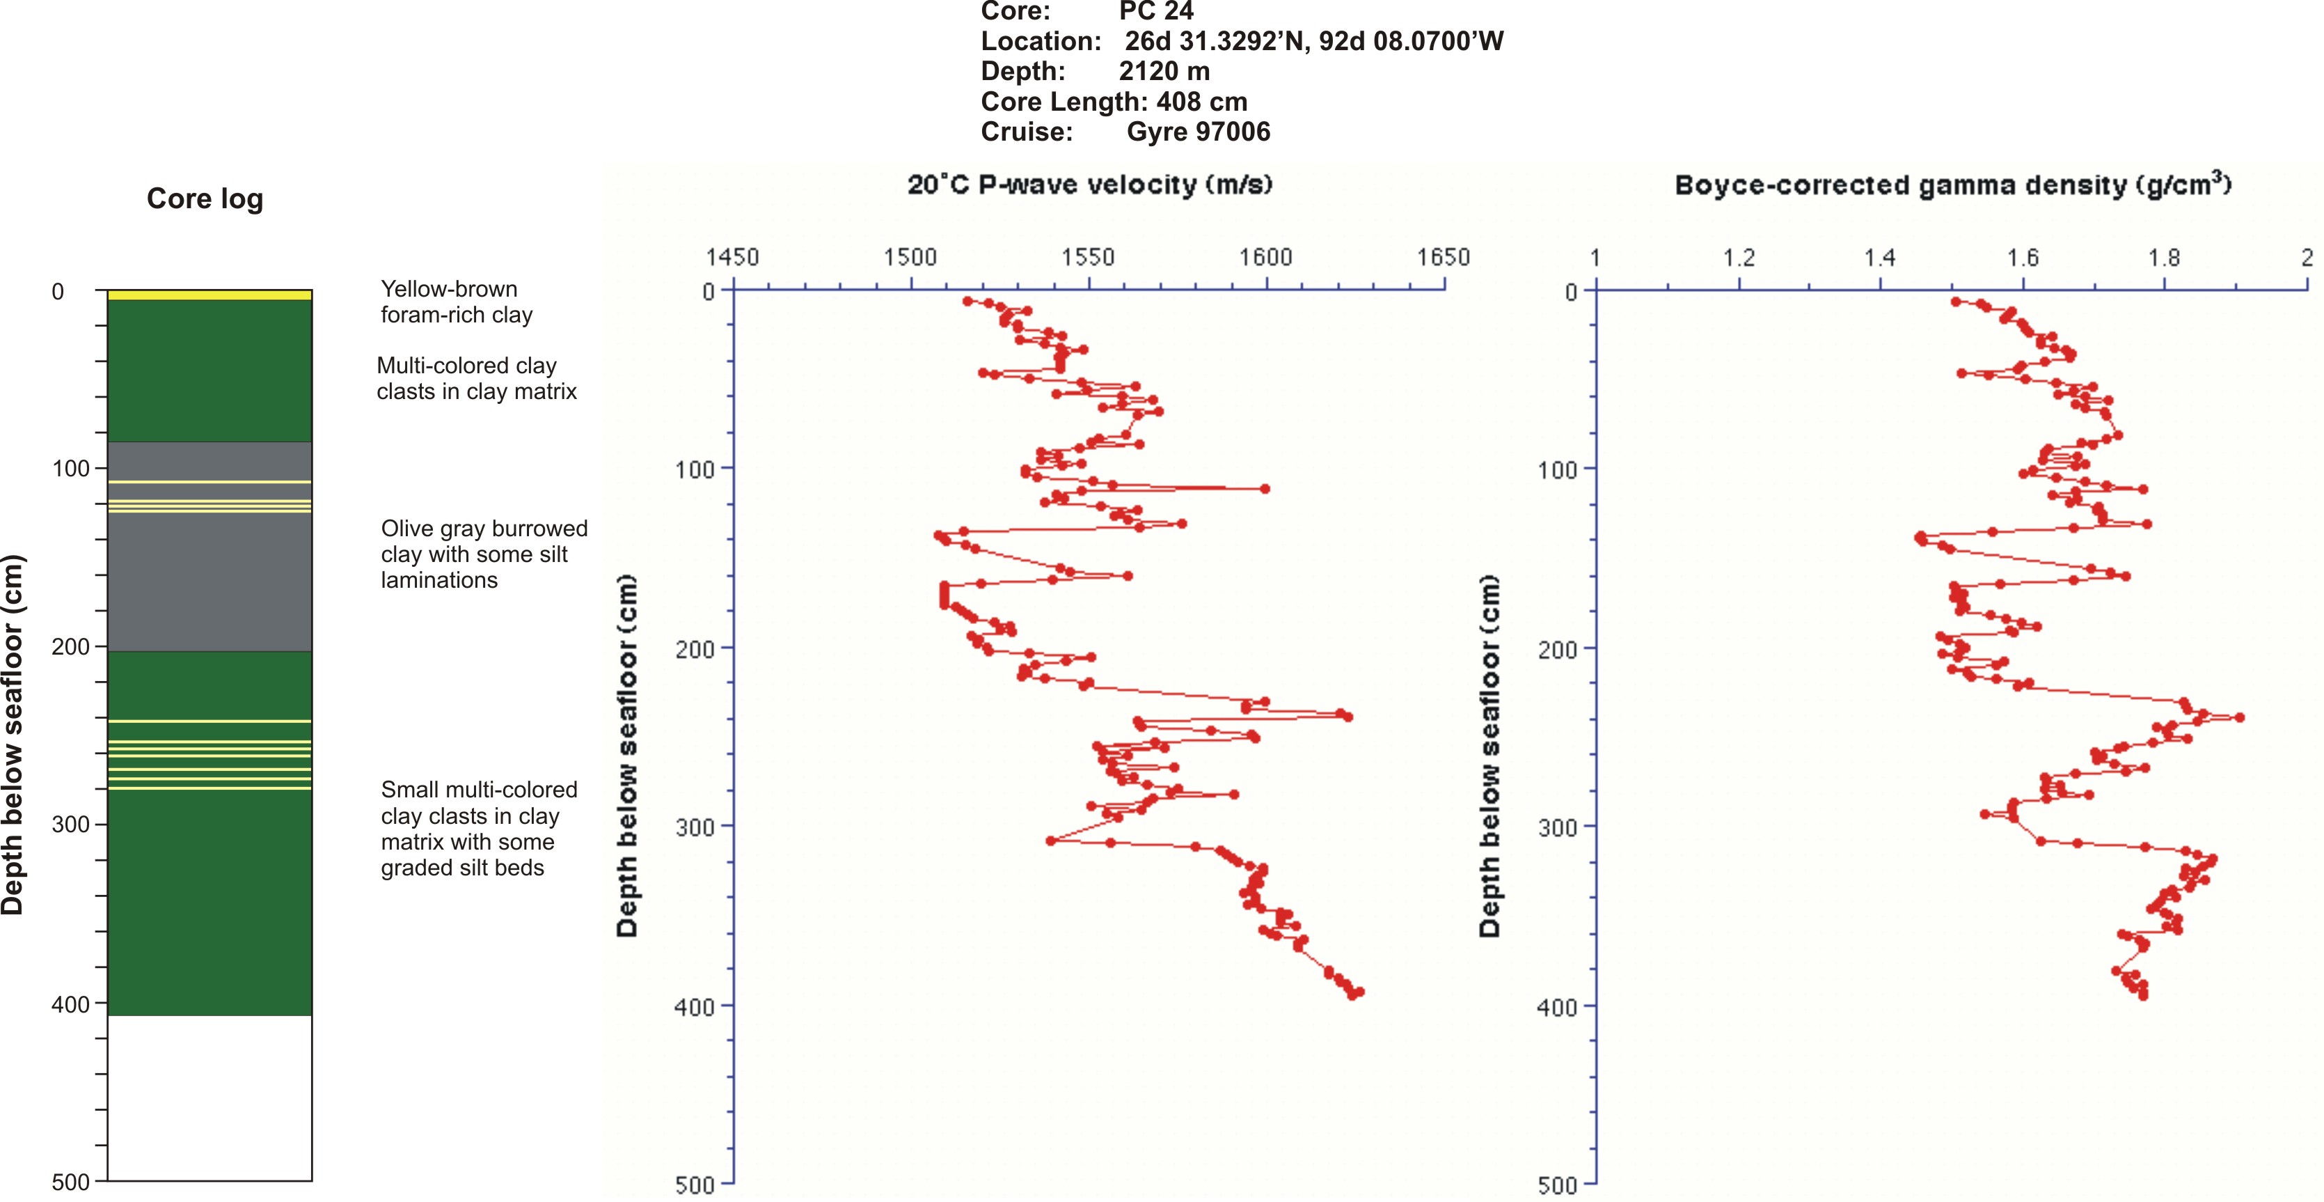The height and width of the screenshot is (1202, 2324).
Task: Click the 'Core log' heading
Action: (x=205, y=198)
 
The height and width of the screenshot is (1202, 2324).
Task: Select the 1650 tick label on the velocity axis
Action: (x=1444, y=258)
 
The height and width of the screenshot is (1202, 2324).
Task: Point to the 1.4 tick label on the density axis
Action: (x=1880, y=259)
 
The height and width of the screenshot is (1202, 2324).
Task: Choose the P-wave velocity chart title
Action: (x=1090, y=185)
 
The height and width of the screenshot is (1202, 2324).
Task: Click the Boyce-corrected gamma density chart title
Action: (x=1953, y=185)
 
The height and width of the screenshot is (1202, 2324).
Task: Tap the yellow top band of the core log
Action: (x=210, y=295)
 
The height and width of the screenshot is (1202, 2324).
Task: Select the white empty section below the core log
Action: (x=210, y=1096)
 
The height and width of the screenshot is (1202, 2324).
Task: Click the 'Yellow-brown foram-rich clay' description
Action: (x=457, y=302)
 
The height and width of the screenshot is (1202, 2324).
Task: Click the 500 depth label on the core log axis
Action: (x=71, y=1182)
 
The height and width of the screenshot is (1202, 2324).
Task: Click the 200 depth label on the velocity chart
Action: (x=695, y=649)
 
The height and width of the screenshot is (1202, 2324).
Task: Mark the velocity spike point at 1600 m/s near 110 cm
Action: (x=1265, y=488)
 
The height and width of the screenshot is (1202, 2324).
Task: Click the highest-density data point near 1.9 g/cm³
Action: (x=2239, y=717)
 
